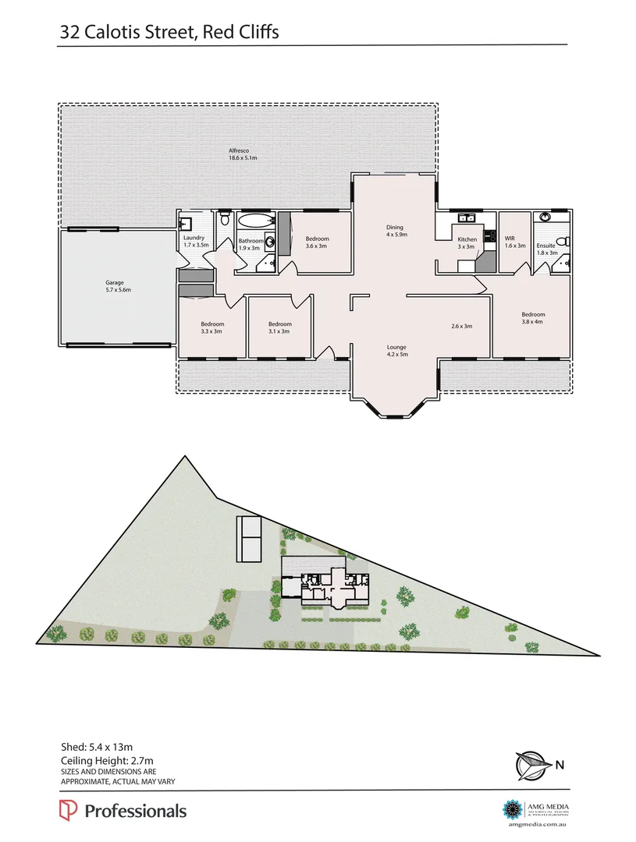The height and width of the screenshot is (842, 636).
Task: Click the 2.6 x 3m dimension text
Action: [x=461, y=326]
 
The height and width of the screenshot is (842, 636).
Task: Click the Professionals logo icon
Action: [x=68, y=811]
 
